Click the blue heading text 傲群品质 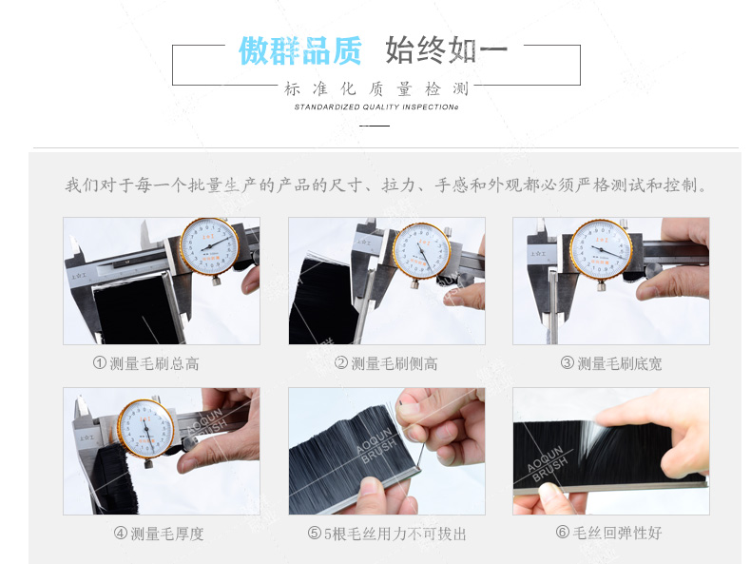tap(299, 50)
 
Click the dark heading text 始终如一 tap(446, 50)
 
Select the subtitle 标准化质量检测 tap(375, 88)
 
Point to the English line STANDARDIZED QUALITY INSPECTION tap(375, 107)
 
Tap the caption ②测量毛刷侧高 tap(386, 363)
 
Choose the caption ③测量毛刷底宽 tap(610, 363)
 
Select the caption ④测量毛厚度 tap(159, 534)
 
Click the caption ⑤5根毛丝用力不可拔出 tap(387, 534)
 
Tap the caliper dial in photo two tap(420, 250)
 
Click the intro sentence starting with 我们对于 tap(385, 185)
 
